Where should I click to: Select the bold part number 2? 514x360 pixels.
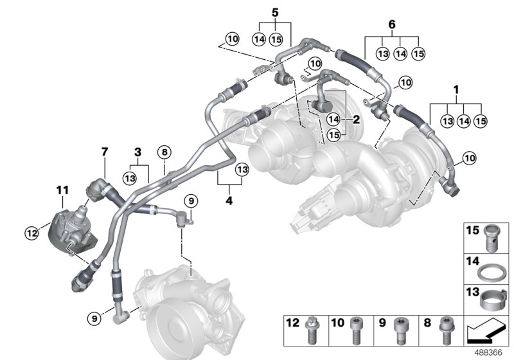[355, 120]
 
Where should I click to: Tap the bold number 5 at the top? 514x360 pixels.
[275, 12]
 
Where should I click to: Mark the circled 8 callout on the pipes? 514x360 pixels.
[164, 152]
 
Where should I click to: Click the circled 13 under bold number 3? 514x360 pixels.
[130, 177]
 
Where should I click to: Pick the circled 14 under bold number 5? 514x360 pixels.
[259, 39]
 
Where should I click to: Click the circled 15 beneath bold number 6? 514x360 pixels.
[418, 53]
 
